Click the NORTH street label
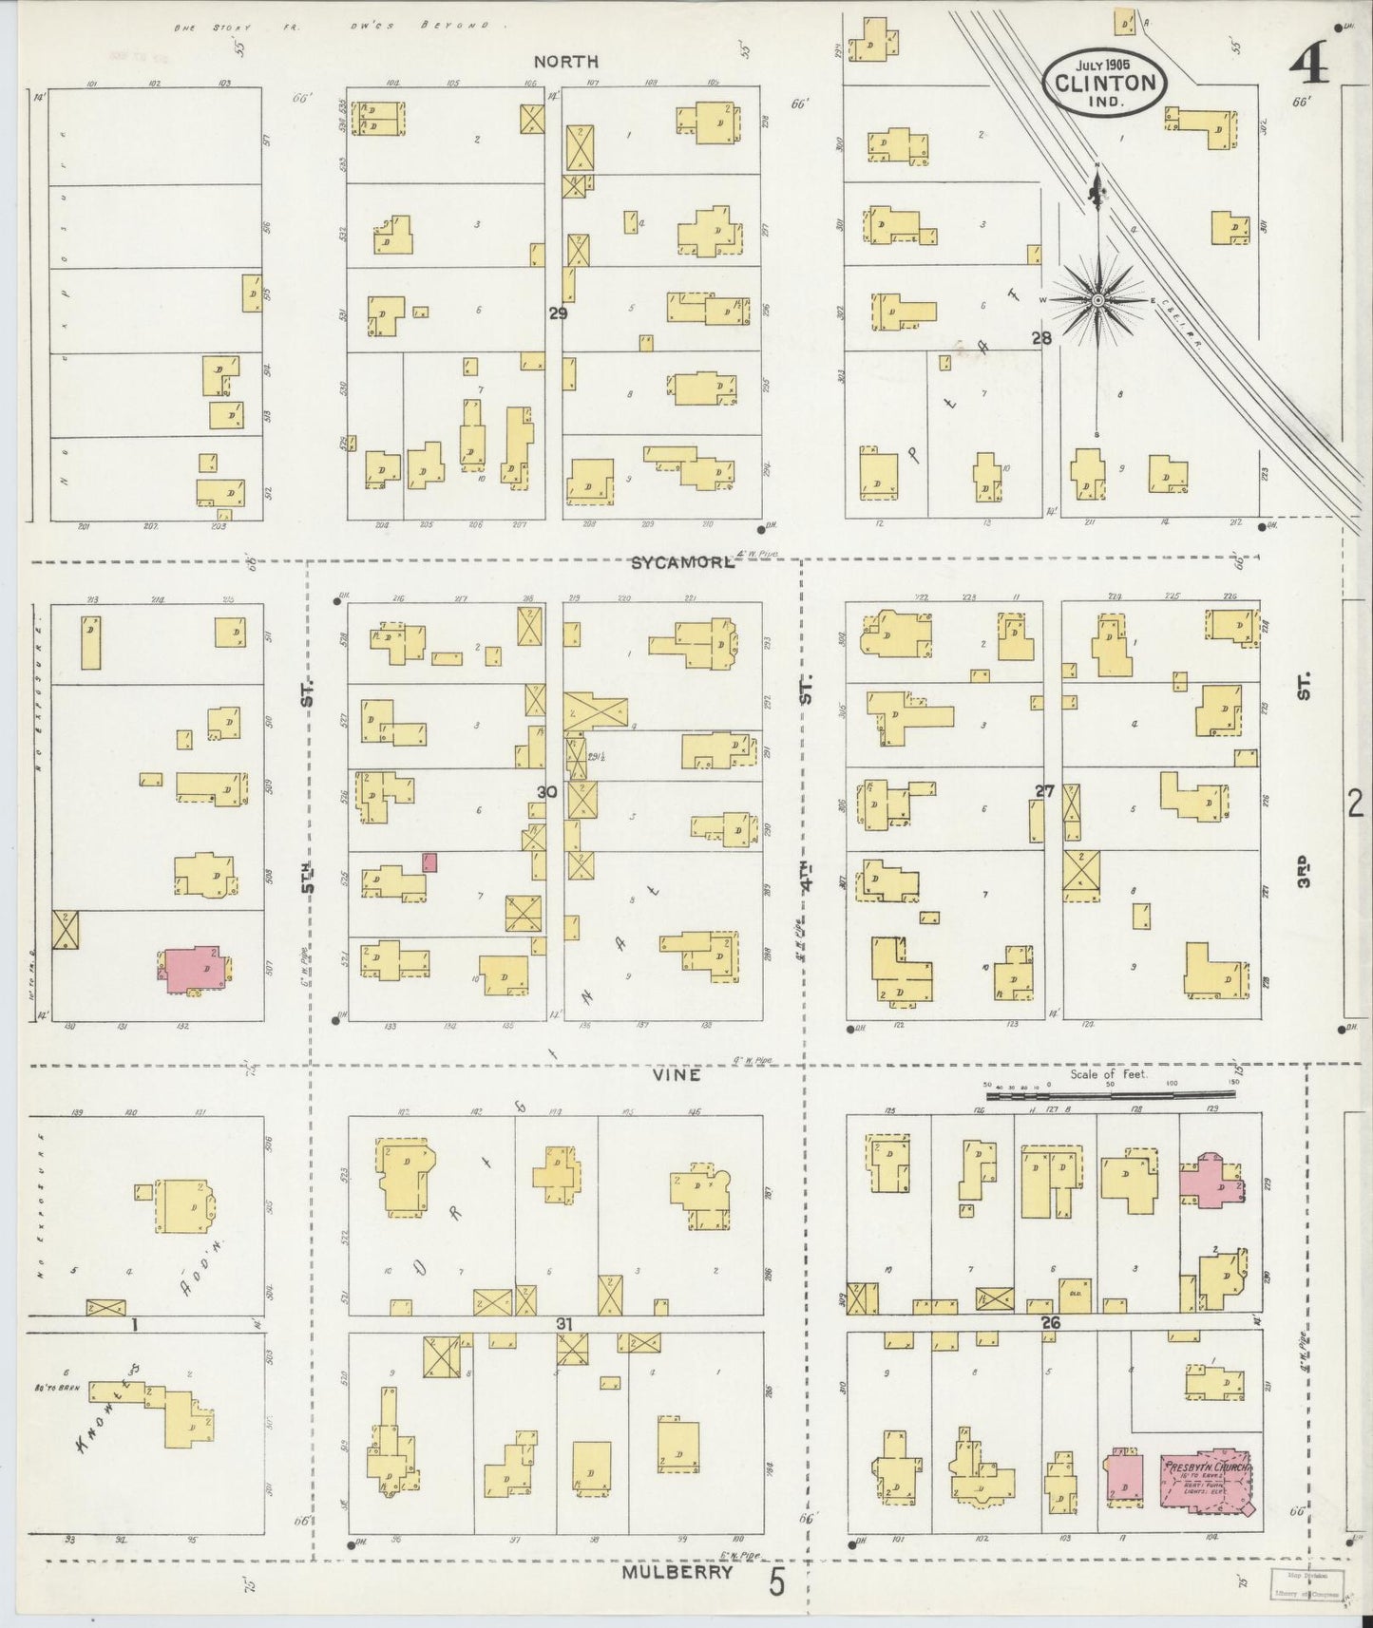click(565, 62)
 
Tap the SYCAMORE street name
click(683, 562)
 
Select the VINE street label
click(677, 1075)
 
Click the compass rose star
click(1098, 299)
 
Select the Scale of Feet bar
click(1112, 1095)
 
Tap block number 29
click(557, 312)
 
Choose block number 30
click(546, 792)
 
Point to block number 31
click(564, 1323)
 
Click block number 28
click(1042, 337)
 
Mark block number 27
click(1045, 791)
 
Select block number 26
click(1050, 1322)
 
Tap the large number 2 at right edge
click(1355, 805)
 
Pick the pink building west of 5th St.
click(197, 971)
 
